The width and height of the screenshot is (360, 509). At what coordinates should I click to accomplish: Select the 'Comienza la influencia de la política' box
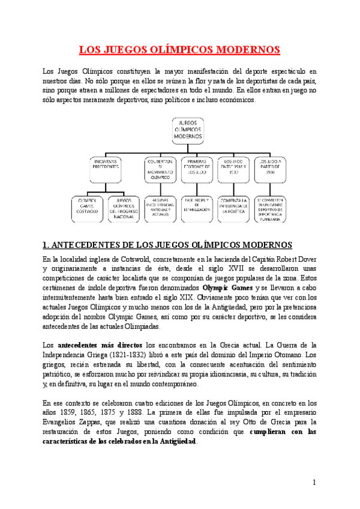pos(232,206)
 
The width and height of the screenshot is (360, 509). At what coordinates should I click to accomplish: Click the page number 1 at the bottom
pos(314,483)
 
